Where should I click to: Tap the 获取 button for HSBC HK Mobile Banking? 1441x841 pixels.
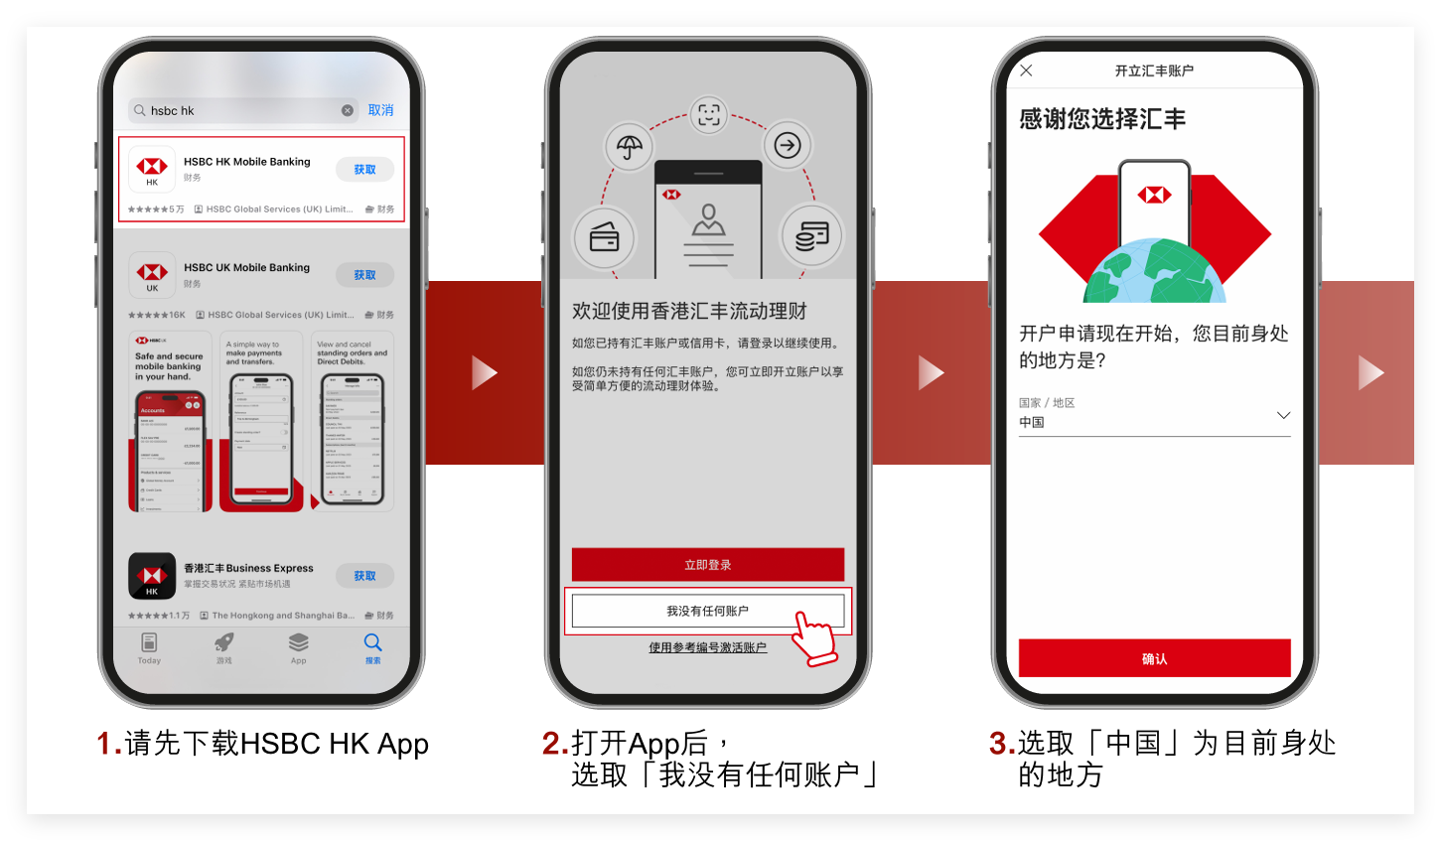(364, 170)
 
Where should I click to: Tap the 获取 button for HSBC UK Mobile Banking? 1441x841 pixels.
(364, 275)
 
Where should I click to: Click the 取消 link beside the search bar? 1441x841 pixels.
(380, 110)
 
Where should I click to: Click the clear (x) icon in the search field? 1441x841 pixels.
(348, 110)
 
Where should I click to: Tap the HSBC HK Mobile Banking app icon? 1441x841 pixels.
(152, 169)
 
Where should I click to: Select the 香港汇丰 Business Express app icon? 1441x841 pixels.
(152, 576)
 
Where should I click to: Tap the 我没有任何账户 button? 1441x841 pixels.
(707, 611)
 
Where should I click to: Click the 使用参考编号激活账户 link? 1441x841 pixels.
(707, 647)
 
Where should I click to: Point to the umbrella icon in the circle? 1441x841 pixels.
(630, 147)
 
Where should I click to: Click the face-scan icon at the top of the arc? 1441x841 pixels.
(708, 115)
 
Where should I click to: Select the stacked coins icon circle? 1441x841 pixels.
(811, 235)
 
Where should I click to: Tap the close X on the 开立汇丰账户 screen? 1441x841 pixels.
(1026, 70)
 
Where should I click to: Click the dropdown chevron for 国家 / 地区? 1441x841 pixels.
(1283, 415)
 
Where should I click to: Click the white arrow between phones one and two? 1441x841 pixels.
(484, 372)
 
